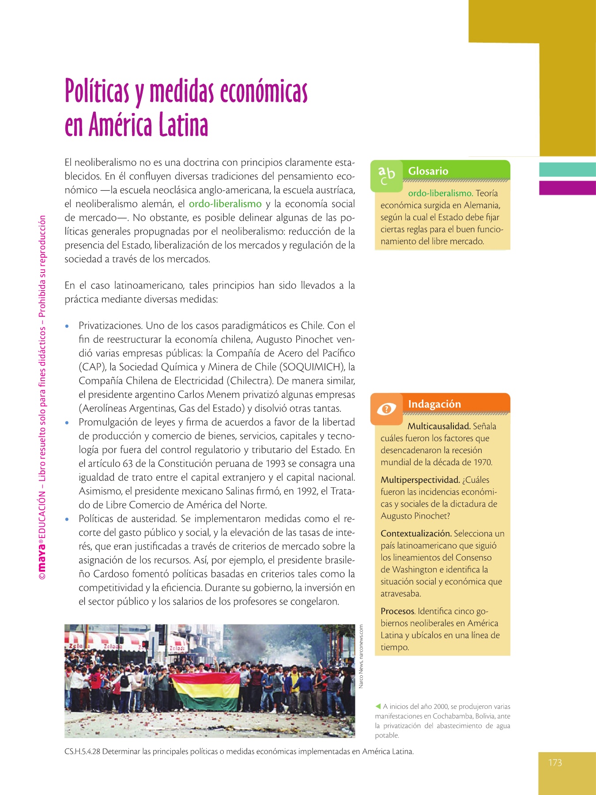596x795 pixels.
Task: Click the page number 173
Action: (555, 763)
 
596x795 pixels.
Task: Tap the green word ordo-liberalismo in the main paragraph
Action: (225, 204)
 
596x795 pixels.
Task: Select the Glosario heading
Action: (428, 171)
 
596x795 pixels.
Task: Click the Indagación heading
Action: (434, 404)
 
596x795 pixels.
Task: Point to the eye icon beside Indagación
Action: (387, 409)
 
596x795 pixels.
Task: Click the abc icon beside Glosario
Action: (386, 175)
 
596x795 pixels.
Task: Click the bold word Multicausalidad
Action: (439, 426)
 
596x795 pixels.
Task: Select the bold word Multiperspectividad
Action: (420, 480)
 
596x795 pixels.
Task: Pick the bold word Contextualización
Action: (416, 534)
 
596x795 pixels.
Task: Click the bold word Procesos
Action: (397, 611)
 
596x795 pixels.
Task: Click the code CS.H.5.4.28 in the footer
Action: (82, 751)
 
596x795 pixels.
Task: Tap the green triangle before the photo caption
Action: (378, 706)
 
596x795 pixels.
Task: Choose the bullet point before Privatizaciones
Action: (67, 326)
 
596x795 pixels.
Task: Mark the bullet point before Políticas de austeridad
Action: (67, 519)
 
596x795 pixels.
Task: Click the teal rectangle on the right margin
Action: (567, 170)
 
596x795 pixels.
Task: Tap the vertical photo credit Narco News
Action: (361, 656)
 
